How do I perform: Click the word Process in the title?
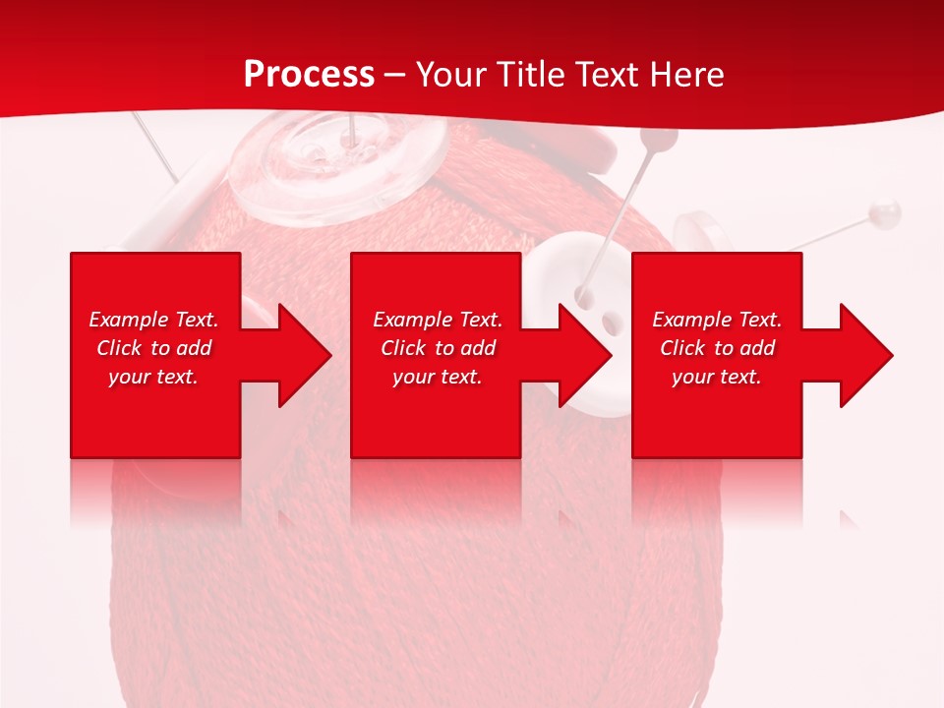[309, 75]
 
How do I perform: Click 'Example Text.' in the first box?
[153, 320]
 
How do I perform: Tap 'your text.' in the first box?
[153, 377]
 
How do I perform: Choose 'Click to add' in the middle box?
[438, 348]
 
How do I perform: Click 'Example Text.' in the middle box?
[438, 320]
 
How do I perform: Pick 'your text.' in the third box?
[717, 377]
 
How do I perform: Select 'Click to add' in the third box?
[717, 348]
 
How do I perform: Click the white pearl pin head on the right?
[886, 209]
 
